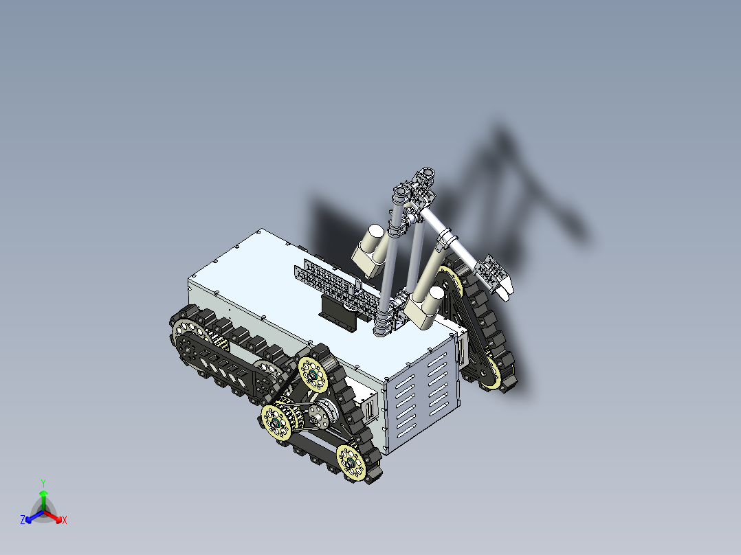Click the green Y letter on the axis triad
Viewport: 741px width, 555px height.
pyautogui.click(x=43, y=482)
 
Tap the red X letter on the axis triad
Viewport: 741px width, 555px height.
pyautogui.click(x=65, y=521)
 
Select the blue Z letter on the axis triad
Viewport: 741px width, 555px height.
pyautogui.click(x=23, y=520)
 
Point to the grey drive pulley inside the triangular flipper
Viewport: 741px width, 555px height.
pyautogui.click(x=320, y=414)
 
